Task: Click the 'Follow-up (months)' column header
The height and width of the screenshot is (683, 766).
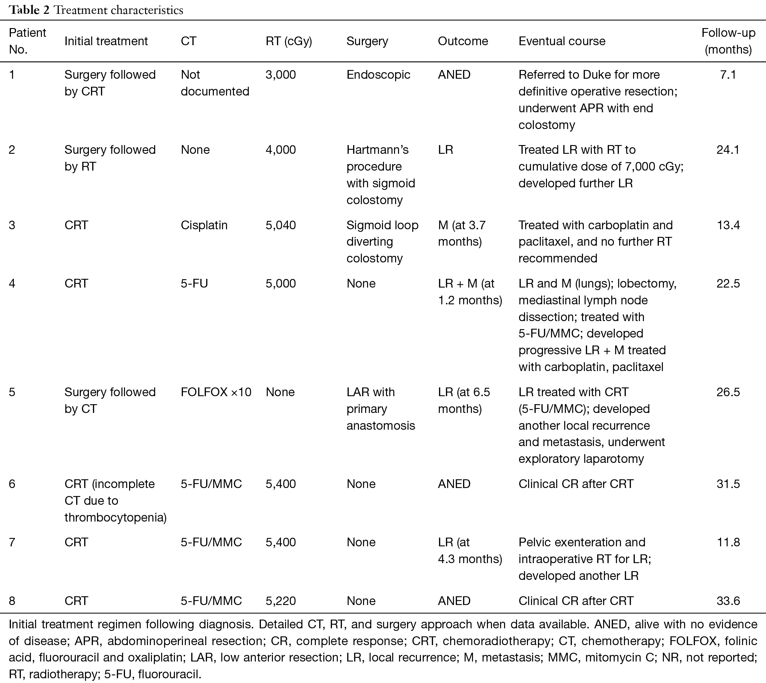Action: click(x=728, y=41)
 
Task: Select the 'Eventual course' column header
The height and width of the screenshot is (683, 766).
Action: click(x=562, y=41)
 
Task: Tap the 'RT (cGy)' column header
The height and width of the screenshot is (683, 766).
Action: click(x=289, y=41)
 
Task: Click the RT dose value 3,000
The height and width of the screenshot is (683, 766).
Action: click(x=281, y=75)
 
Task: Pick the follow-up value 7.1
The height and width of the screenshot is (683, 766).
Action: click(x=728, y=75)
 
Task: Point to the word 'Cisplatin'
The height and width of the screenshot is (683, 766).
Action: click(x=204, y=225)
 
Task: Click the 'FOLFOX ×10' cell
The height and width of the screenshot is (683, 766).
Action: click(x=216, y=392)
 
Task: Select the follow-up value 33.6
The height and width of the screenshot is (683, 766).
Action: click(x=728, y=601)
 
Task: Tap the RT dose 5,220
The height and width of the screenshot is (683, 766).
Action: click(x=281, y=601)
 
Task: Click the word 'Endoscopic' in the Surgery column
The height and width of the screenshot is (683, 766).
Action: click(x=378, y=75)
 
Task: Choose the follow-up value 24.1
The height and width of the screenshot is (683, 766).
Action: click(x=728, y=150)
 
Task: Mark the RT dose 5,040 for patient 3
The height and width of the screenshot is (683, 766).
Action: click(x=281, y=225)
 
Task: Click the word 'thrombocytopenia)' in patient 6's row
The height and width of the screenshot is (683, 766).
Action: click(x=116, y=518)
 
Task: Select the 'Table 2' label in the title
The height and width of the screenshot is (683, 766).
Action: click(x=29, y=10)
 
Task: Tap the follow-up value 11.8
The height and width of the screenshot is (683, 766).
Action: click(x=728, y=542)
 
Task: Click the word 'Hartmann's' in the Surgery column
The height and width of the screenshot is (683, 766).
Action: click(x=378, y=150)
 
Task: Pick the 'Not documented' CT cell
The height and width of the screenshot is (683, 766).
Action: click(x=215, y=83)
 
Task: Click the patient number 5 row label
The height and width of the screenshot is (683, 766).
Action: click(x=12, y=392)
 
